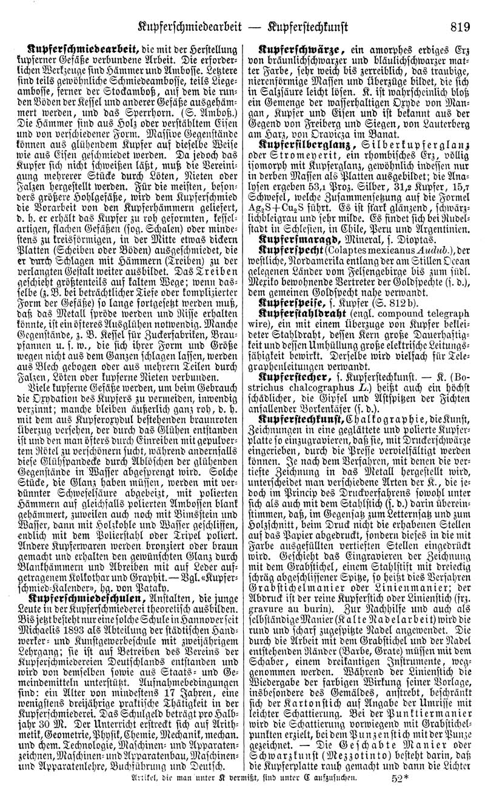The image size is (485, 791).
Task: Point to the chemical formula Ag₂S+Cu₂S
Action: click(x=287, y=231)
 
